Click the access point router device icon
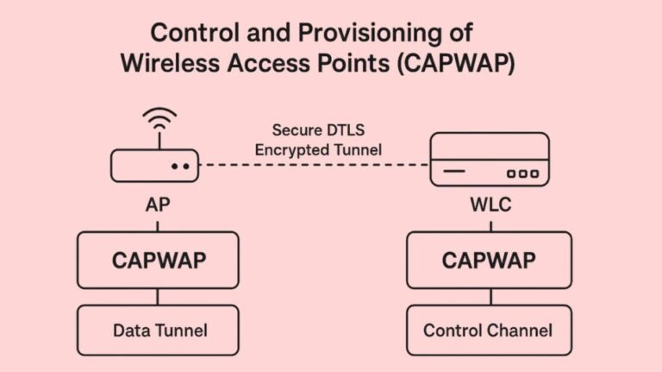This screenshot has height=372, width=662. [156, 163]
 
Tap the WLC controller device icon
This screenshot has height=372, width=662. [489, 160]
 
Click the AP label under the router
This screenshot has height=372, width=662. [156, 208]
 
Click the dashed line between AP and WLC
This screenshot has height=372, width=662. [315, 165]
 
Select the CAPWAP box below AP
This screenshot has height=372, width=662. [157, 260]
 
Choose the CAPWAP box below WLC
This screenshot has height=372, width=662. [489, 260]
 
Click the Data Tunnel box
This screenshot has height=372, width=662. [157, 330]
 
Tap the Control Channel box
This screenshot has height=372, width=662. [489, 330]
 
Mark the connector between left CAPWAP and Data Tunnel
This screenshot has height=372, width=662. [157, 297]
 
